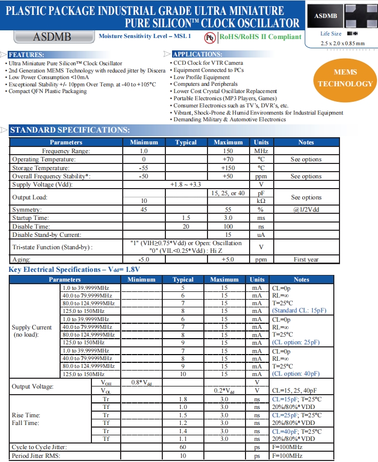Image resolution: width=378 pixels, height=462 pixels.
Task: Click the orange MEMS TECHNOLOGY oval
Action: [345, 78]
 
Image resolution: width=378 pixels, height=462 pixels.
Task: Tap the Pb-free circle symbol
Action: [210, 37]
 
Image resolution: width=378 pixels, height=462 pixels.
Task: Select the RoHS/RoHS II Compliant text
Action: [260, 36]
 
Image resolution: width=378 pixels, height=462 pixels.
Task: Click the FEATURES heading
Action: [26, 54]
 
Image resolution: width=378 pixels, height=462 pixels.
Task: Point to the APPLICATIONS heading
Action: [198, 54]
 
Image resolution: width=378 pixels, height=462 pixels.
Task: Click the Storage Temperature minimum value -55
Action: [144, 168]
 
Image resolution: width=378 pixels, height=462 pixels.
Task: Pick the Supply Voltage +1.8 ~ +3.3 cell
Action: [186, 184]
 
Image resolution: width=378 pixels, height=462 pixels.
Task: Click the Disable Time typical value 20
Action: [186, 227]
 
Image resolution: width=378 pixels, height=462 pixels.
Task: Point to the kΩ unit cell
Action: [261, 201]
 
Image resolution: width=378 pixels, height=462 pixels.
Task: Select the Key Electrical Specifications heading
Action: [74, 269]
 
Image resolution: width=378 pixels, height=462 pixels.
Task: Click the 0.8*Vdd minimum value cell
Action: [141, 382]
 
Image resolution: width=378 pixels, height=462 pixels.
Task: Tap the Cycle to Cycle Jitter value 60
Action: [183, 448]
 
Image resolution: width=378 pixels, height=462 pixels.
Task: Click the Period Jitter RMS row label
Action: [36, 456]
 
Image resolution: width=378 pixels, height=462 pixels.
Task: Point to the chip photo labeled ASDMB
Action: [325, 16]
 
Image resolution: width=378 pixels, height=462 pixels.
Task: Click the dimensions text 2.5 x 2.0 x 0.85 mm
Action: [343, 43]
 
